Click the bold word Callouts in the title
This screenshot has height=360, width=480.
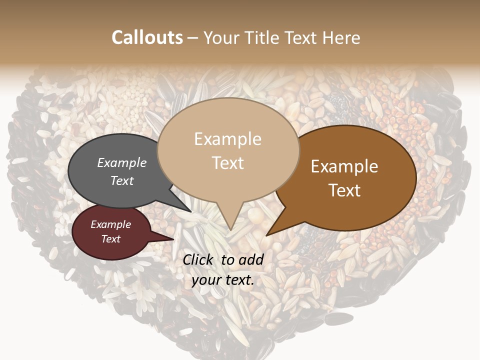click(x=147, y=37)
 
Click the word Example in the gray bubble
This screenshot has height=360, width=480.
click(x=122, y=162)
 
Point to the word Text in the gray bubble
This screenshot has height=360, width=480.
click(x=122, y=180)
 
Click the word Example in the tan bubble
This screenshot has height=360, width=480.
click(x=227, y=139)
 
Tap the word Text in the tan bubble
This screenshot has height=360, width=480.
click(x=227, y=162)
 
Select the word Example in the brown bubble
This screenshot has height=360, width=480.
click(x=344, y=166)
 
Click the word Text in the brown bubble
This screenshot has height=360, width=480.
click(x=344, y=190)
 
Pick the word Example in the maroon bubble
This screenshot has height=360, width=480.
click(x=111, y=224)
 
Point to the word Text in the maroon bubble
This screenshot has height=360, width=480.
click(x=111, y=239)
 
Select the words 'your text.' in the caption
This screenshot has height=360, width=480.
click(x=223, y=280)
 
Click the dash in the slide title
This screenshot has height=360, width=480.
click(x=192, y=37)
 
